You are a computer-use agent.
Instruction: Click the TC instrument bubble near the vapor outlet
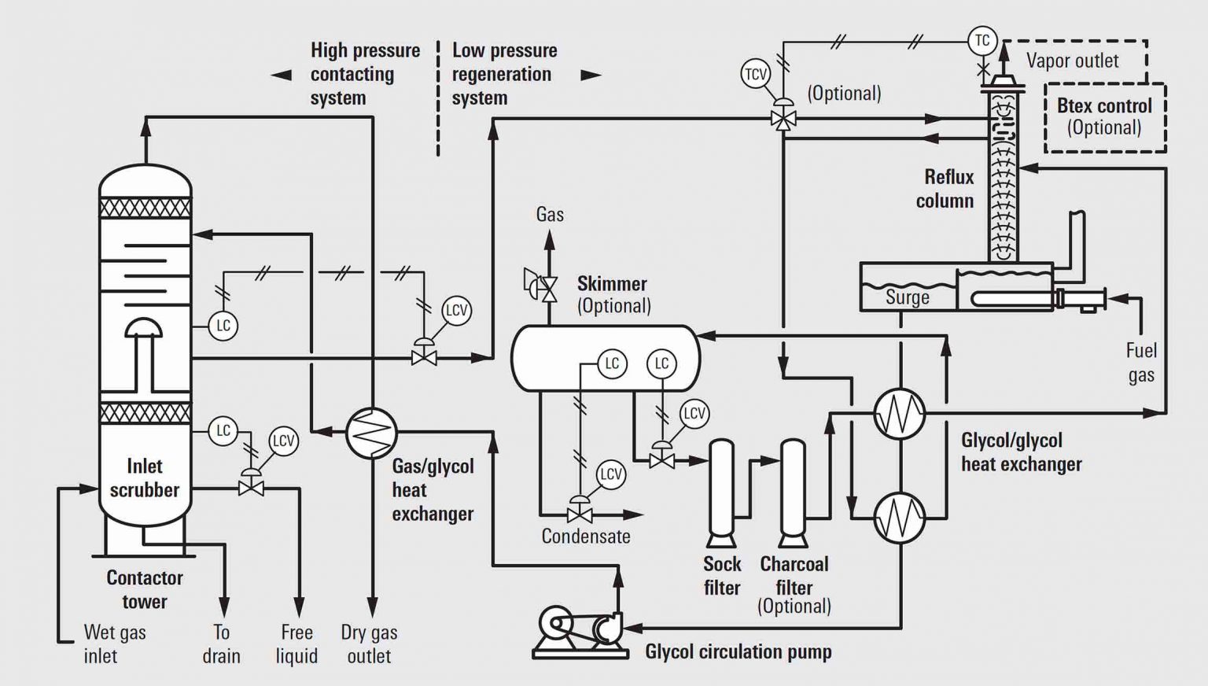pyautogui.click(x=982, y=40)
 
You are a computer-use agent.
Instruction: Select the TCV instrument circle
pyautogui.click(x=756, y=74)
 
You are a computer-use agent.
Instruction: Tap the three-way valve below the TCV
pyautogui.click(x=783, y=120)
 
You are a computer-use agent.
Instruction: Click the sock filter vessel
pyautogui.click(x=721, y=488)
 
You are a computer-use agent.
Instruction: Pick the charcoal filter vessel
pyautogui.click(x=793, y=488)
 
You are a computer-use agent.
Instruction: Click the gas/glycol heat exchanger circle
pyautogui.click(x=371, y=433)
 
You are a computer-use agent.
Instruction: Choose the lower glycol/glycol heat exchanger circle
pyautogui.click(x=900, y=518)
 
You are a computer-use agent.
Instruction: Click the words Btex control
pyautogui.click(x=1104, y=105)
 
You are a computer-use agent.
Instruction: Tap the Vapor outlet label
pyautogui.click(x=1072, y=61)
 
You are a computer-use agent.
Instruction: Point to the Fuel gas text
pyautogui.click(x=1141, y=362)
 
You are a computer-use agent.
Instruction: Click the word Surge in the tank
pyautogui.click(x=907, y=297)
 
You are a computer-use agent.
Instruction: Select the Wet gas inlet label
pyautogui.click(x=115, y=644)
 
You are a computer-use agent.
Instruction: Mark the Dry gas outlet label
pyautogui.click(x=369, y=644)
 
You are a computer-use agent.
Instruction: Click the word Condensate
pyautogui.click(x=586, y=537)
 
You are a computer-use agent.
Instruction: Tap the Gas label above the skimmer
pyautogui.click(x=550, y=214)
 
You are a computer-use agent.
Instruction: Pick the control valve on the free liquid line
pyautogui.click(x=251, y=488)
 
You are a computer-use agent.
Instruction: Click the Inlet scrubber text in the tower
pyautogui.click(x=145, y=478)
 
